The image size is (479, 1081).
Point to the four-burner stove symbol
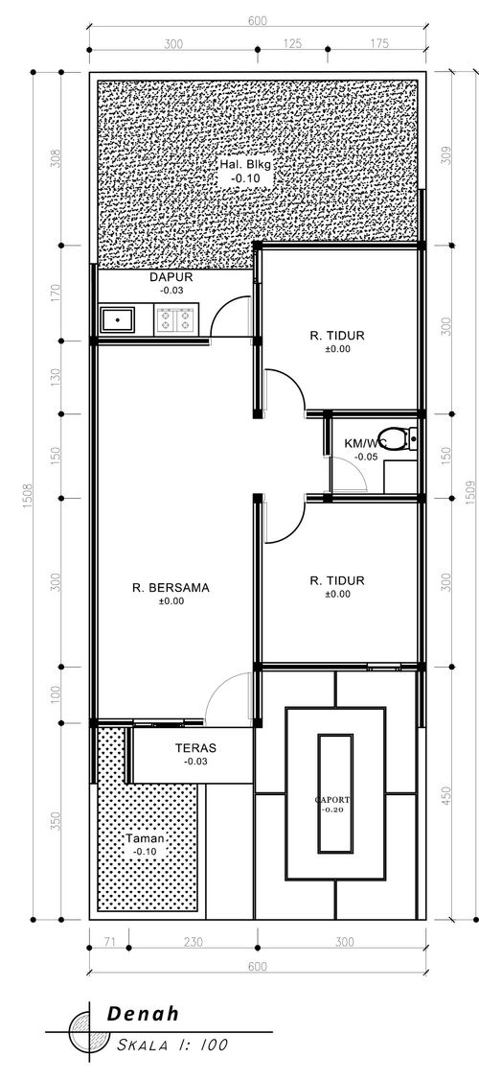[x=175, y=318]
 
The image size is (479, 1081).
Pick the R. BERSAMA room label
[x=171, y=587]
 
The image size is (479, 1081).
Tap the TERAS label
[x=194, y=747]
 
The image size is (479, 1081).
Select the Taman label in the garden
[x=146, y=838]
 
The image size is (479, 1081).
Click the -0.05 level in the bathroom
[x=365, y=458]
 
